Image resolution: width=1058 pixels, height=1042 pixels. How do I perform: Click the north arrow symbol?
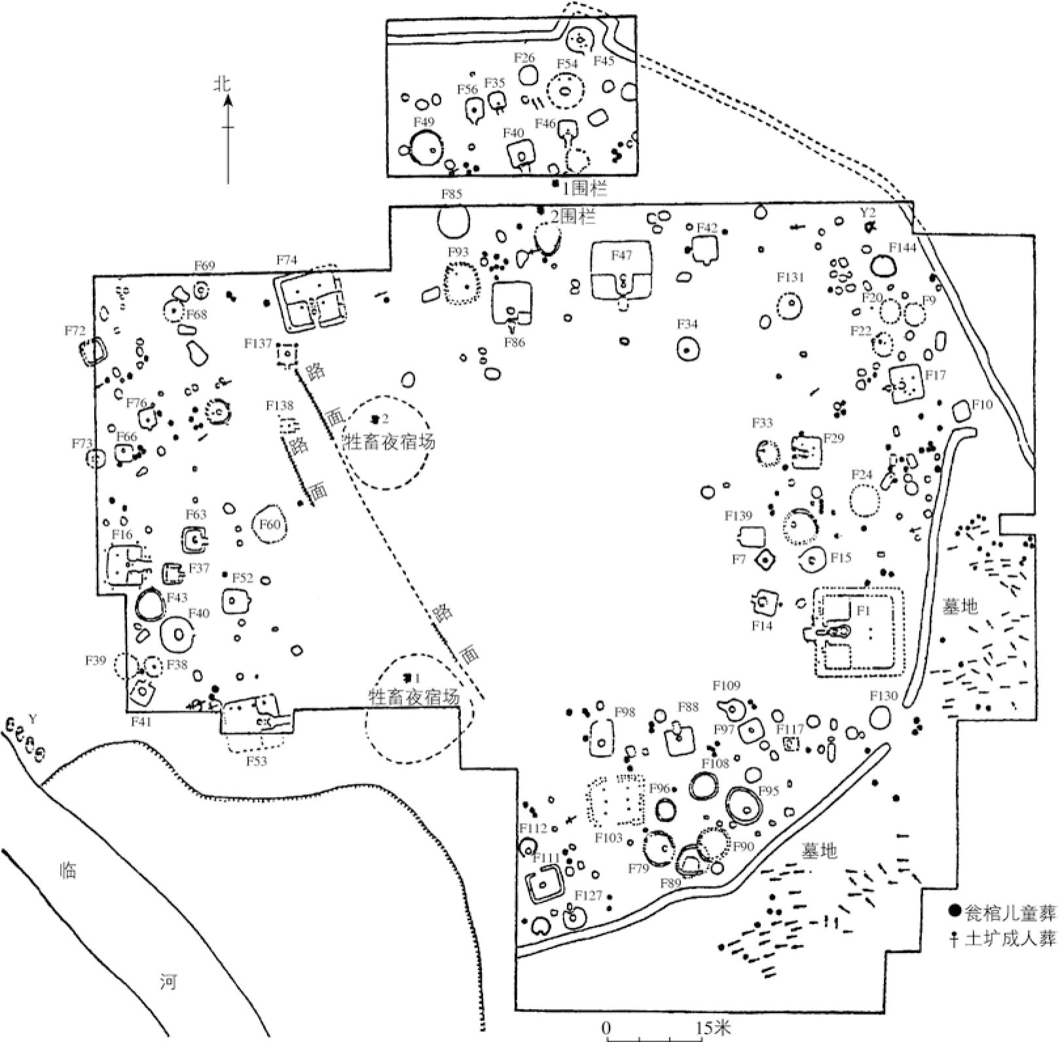click(x=228, y=131)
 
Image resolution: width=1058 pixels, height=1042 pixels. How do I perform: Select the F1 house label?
click(x=864, y=610)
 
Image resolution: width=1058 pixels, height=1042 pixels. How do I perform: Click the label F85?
click(x=452, y=195)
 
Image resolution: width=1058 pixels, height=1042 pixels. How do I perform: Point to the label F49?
click(x=424, y=122)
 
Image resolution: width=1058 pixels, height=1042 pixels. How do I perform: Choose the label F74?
click(x=287, y=260)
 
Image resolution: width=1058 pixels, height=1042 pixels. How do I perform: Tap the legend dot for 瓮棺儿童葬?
click(x=955, y=910)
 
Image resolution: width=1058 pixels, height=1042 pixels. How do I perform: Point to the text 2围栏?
click(x=573, y=217)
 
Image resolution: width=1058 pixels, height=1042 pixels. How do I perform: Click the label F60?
click(x=270, y=524)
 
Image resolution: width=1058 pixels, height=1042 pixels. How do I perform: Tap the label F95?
click(x=769, y=791)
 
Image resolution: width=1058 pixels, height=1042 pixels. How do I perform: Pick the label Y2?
click(x=867, y=212)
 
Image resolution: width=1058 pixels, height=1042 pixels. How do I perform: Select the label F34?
click(x=687, y=324)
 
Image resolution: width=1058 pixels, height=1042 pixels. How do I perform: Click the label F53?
click(x=257, y=761)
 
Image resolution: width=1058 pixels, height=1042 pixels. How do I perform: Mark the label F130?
click(x=884, y=696)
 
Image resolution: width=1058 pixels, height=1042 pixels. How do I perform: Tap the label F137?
click(x=257, y=344)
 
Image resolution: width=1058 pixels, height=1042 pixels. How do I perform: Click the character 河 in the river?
click(x=168, y=982)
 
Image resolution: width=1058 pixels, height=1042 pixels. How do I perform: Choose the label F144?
click(x=902, y=247)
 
